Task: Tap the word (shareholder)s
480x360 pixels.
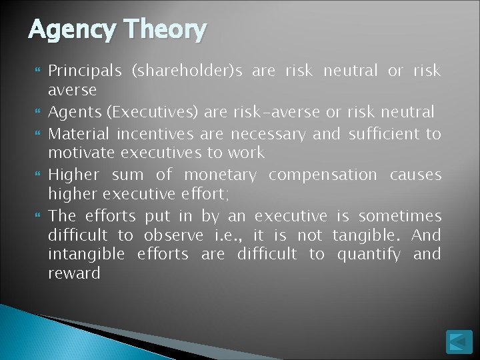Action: pyautogui.click(x=179, y=71)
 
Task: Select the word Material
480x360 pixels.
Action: pyautogui.click(x=77, y=134)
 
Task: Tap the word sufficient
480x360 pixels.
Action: pyautogui.click(x=382, y=134)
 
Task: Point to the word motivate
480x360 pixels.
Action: pyautogui.click(x=77, y=152)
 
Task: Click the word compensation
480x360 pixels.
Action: pyautogui.click(x=323, y=175)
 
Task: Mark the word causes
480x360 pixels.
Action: pyautogui.click(x=417, y=175)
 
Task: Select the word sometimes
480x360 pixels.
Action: pyautogui.click(x=400, y=216)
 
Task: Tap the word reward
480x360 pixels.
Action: pyautogui.click(x=74, y=273)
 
